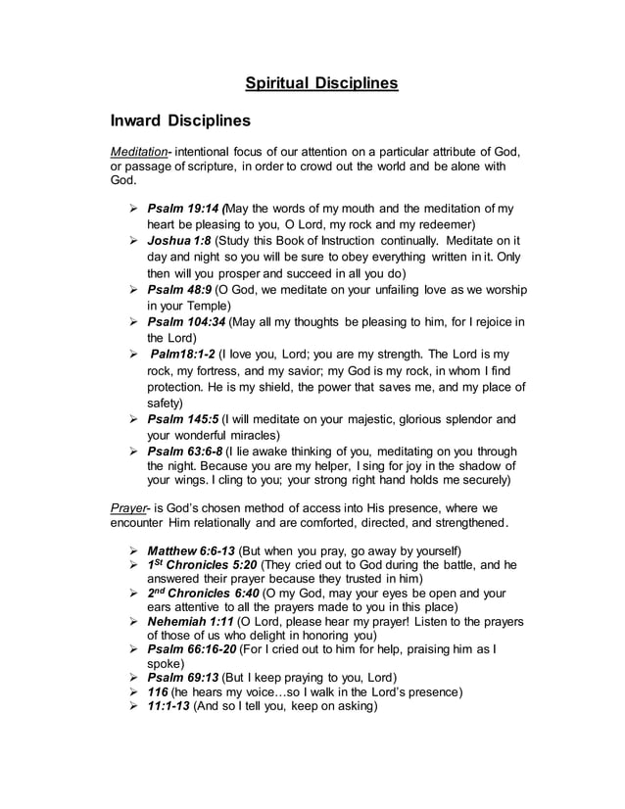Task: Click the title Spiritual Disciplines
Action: (320, 83)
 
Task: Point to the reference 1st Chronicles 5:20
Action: (199, 565)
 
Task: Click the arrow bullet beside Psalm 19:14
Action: (132, 210)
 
